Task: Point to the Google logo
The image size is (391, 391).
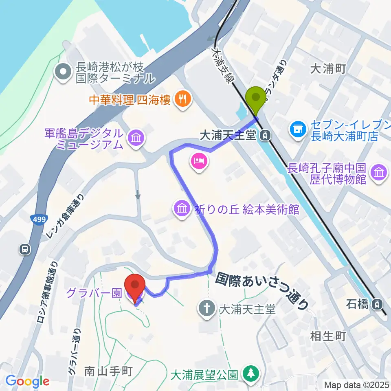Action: (x=27, y=382)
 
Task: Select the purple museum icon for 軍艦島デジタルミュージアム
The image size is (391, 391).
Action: (x=136, y=138)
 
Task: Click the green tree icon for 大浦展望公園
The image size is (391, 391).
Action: (x=249, y=373)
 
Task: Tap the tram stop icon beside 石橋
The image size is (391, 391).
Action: (x=378, y=303)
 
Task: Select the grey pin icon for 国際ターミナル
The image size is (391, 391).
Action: (x=64, y=72)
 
